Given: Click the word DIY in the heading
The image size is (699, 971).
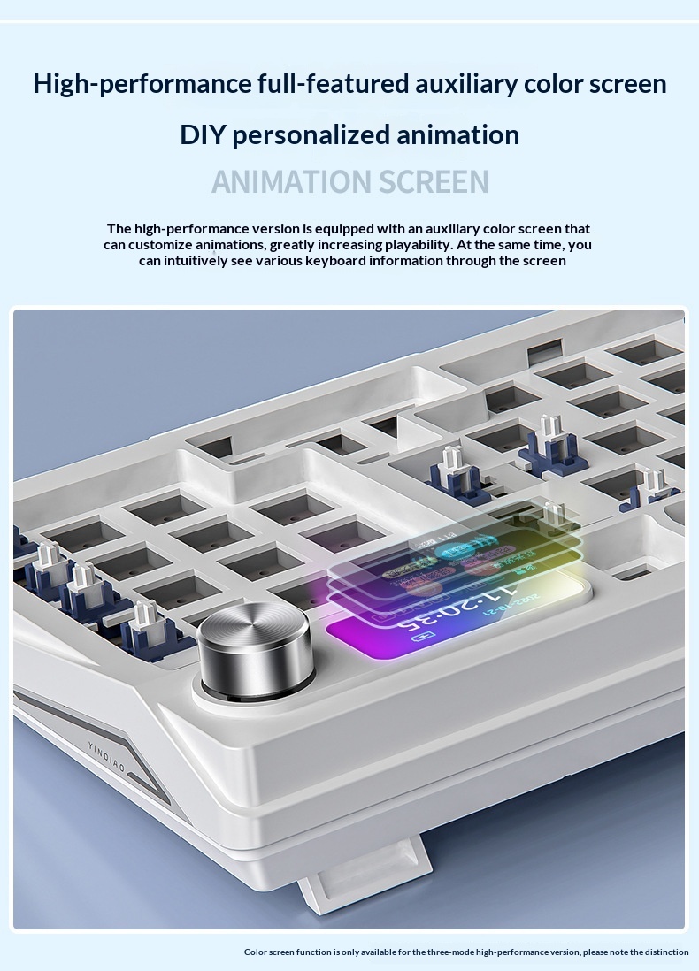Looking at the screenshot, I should coord(203,135).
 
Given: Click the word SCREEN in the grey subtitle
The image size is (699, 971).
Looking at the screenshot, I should coord(434,181).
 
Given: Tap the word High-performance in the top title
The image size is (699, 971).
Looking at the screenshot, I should coord(142,84).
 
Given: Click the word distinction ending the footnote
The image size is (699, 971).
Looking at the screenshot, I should coord(664,952).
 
